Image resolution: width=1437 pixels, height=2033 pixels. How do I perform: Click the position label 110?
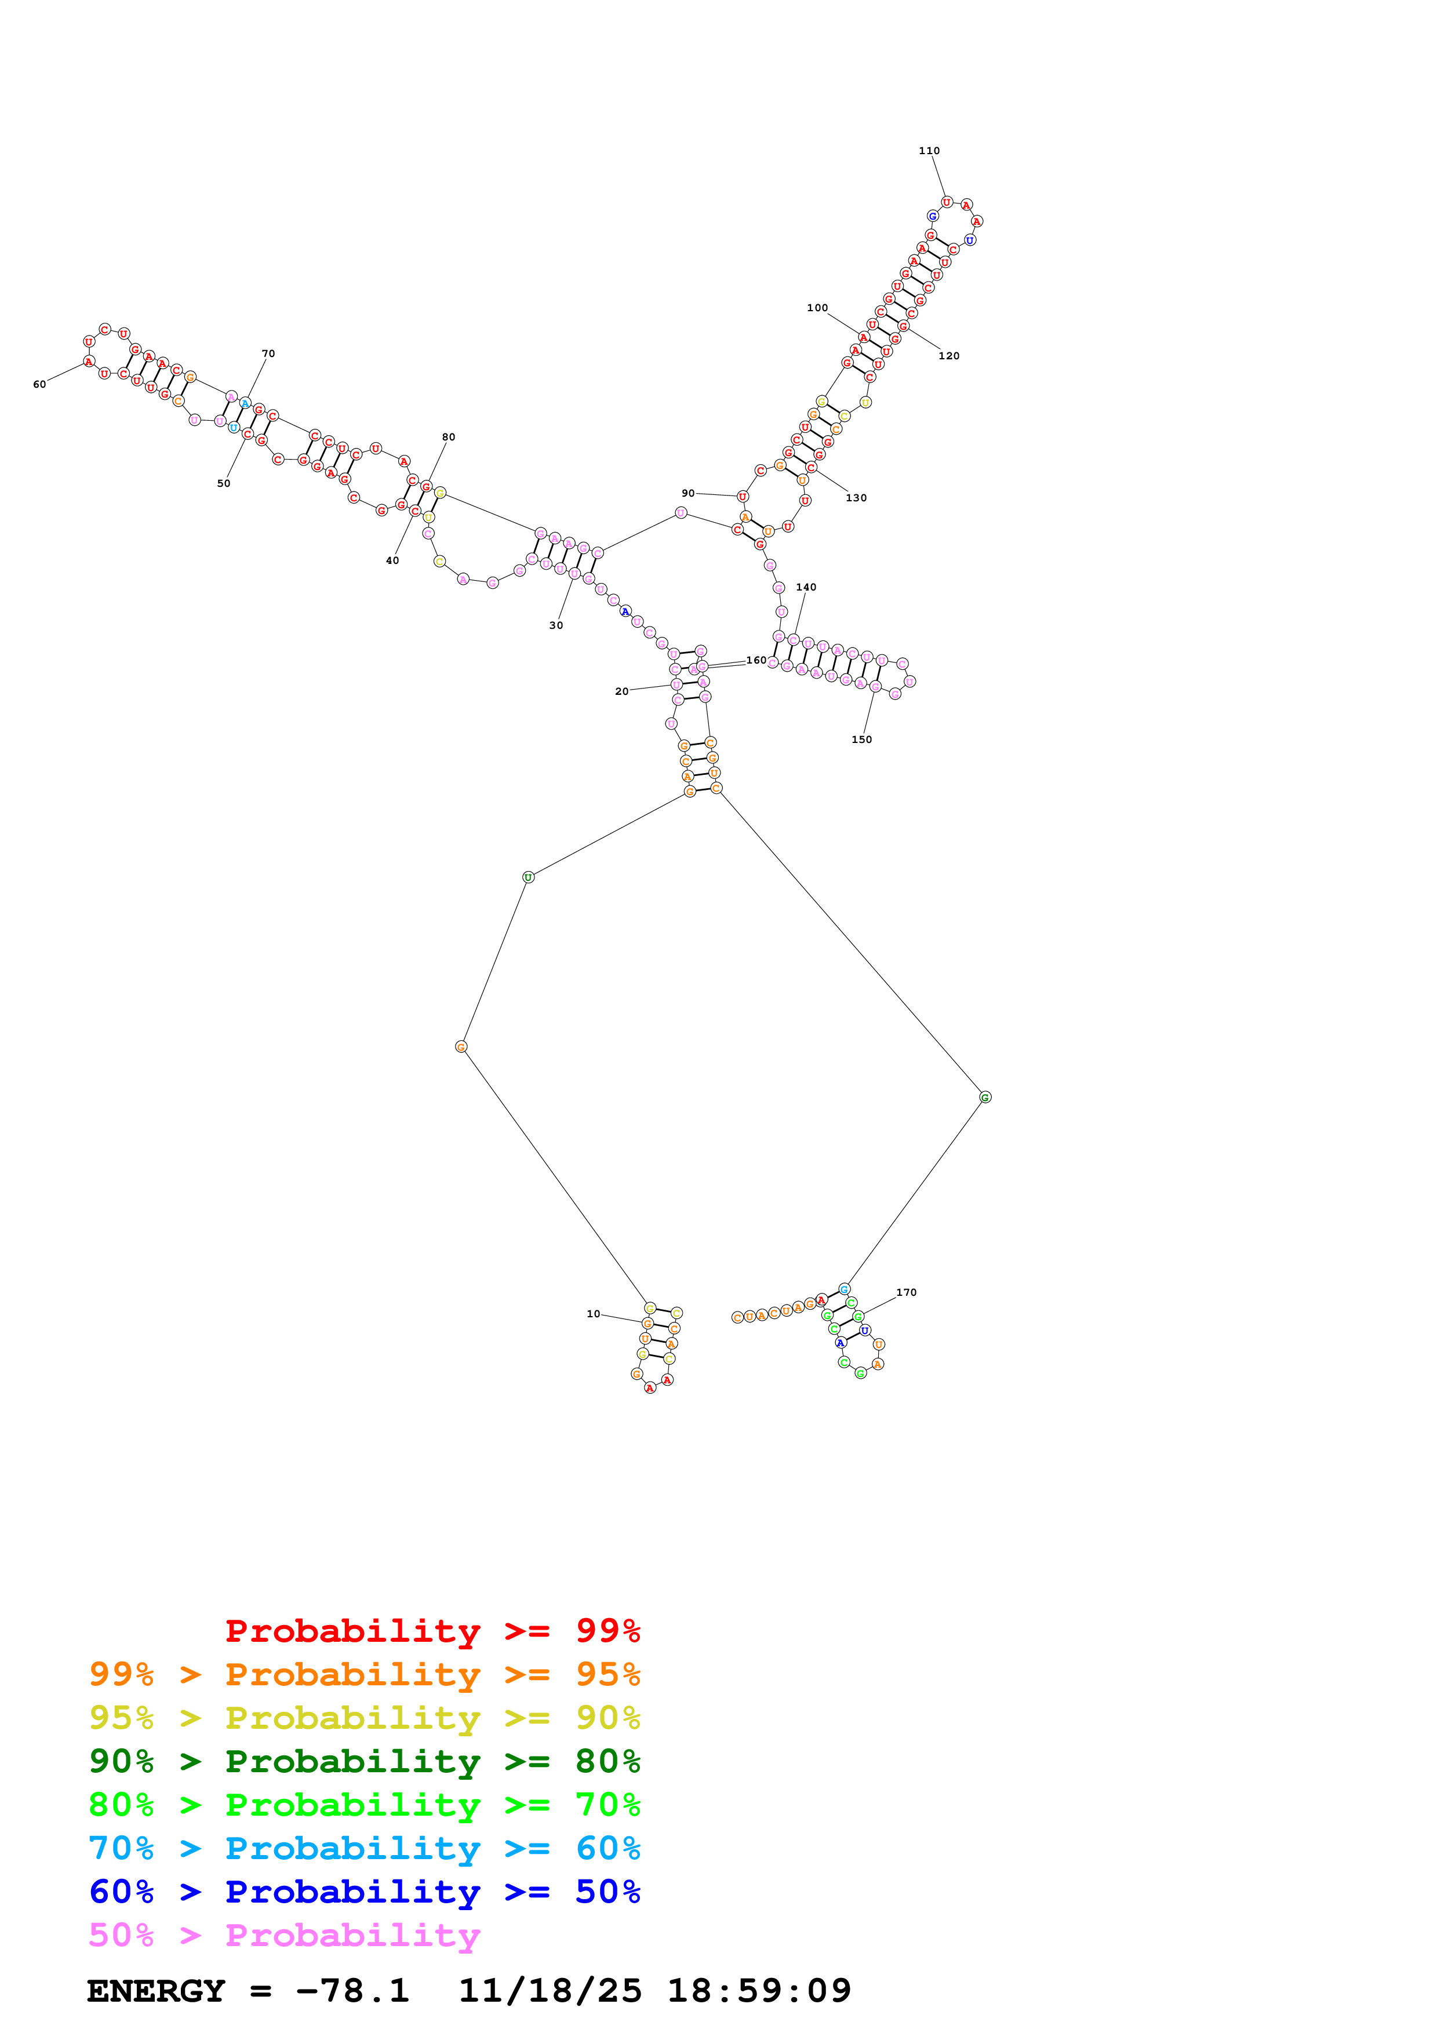click(x=929, y=151)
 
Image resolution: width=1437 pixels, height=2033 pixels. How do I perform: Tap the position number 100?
click(x=816, y=308)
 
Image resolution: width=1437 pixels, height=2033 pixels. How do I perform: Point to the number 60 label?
click(x=39, y=384)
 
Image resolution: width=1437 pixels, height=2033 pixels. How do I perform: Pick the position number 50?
click(x=223, y=483)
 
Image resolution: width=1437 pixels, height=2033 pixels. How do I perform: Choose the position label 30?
click(x=555, y=625)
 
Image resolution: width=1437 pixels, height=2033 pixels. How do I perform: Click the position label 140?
click(x=806, y=587)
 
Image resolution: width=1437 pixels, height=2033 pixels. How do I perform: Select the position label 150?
click(x=861, y=739)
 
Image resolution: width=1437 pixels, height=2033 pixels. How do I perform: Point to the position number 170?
click(x=906, y=1293)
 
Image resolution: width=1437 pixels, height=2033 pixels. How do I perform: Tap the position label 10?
click(x=592, y=1314)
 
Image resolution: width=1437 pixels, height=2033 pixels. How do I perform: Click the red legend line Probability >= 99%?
click(x=432, y=1630)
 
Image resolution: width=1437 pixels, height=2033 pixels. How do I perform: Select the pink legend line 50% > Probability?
click(x=283, y=1934)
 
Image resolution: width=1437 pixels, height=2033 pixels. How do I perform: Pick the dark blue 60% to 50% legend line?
click(x=364, y=1892)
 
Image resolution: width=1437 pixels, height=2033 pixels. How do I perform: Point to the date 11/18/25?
click(x=549, y=1991)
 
